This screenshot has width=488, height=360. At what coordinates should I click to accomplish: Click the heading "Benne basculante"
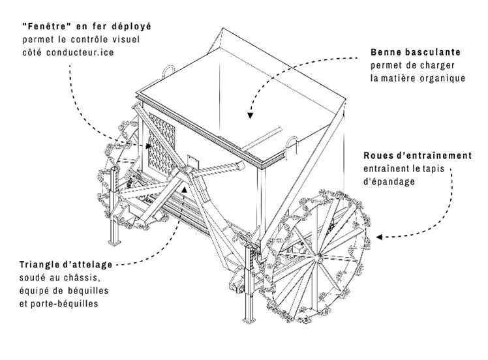tap(416, 52)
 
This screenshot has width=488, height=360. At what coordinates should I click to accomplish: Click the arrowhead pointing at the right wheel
tap(384, 237)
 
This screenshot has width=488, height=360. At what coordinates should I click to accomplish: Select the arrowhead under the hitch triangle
tap(184, 189)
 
